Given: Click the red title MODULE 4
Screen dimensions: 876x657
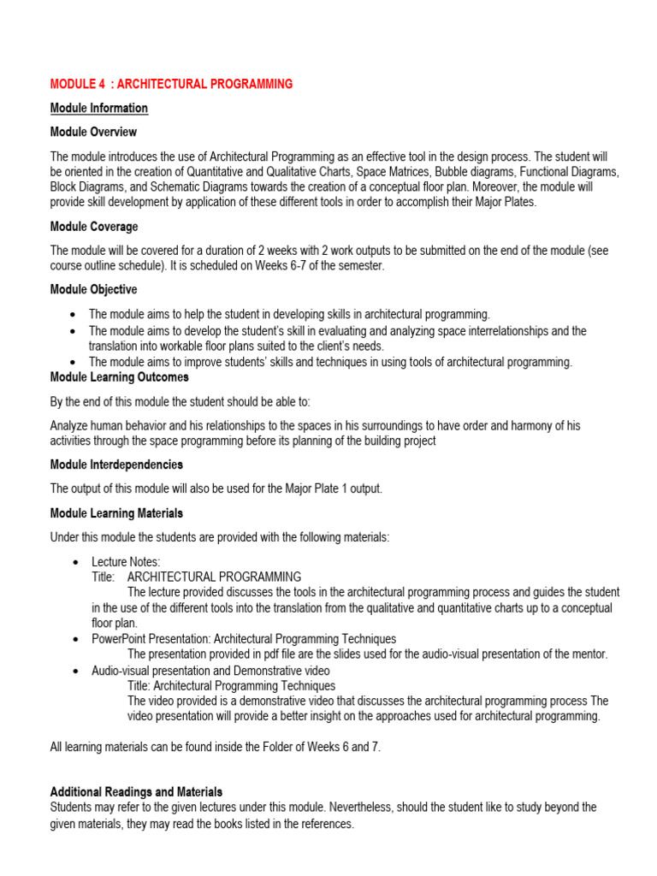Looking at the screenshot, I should click(171, 84).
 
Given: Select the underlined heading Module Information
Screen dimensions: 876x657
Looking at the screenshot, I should click(99, 108).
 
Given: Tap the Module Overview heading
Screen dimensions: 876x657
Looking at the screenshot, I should click(93, 133).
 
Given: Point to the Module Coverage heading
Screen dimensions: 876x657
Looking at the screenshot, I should click(94, 227).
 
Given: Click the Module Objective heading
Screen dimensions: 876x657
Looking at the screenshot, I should click(93, 290).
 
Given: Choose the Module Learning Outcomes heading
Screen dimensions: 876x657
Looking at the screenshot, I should click(120, 377).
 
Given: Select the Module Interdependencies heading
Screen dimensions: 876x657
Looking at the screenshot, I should click(116, 465).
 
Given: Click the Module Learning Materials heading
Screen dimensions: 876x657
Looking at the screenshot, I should click(116, 513).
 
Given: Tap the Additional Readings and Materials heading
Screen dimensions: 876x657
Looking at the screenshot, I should click(137, 792).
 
